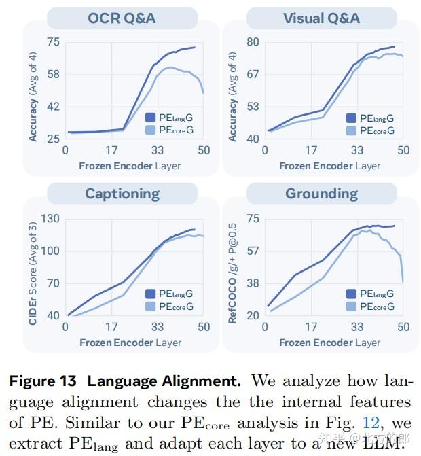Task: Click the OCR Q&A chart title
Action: point(122,18)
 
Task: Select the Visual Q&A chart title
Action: point(321,18)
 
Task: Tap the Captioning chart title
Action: point(122,194)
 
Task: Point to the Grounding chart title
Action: point(321,194)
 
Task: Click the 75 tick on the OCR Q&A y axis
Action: point(52,42)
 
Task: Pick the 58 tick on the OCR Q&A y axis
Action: point(52,74)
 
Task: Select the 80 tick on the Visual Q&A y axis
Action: point(253,42)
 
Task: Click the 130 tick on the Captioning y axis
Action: point(50,219)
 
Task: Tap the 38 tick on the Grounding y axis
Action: point(253,283)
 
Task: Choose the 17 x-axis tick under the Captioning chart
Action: point(111,327)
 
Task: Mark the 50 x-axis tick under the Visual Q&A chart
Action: point(403,150)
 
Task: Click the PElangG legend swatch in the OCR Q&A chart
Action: point(151,118)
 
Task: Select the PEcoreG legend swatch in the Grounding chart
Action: point(352,306)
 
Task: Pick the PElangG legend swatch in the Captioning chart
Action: point(151,294)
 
